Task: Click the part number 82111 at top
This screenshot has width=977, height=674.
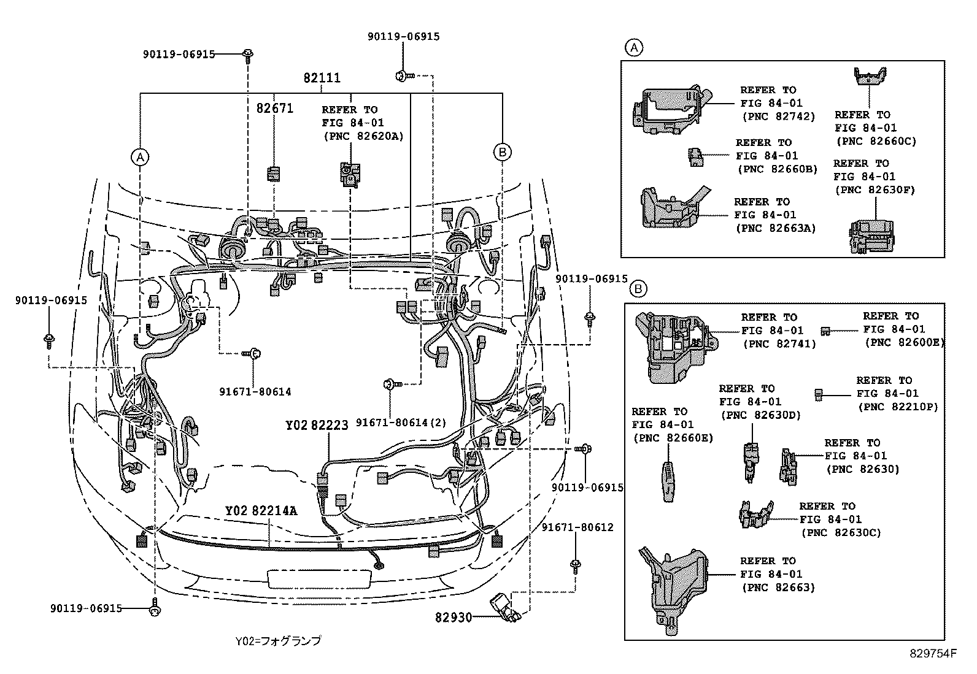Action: (x=322, y=79)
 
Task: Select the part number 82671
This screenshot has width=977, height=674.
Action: (x=274, y=109)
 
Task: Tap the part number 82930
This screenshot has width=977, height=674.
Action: (x=454, y=617)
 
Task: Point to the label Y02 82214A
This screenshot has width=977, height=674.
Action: (x=261, y=511)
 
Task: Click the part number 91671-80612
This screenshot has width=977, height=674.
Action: (x=577, y=527)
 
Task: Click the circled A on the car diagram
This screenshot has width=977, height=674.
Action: (x=141, y=158)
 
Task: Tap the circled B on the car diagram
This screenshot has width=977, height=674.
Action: (x=502, y=152)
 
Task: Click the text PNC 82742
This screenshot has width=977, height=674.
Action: (x=778, y=117)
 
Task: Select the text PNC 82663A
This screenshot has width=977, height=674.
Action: (x=775, y=228)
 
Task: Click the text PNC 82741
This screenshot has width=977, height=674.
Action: (x=779, y=344)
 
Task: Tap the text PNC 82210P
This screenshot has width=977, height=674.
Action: (x=897, y=407)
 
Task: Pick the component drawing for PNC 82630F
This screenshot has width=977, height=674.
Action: (x=872, y=236)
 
